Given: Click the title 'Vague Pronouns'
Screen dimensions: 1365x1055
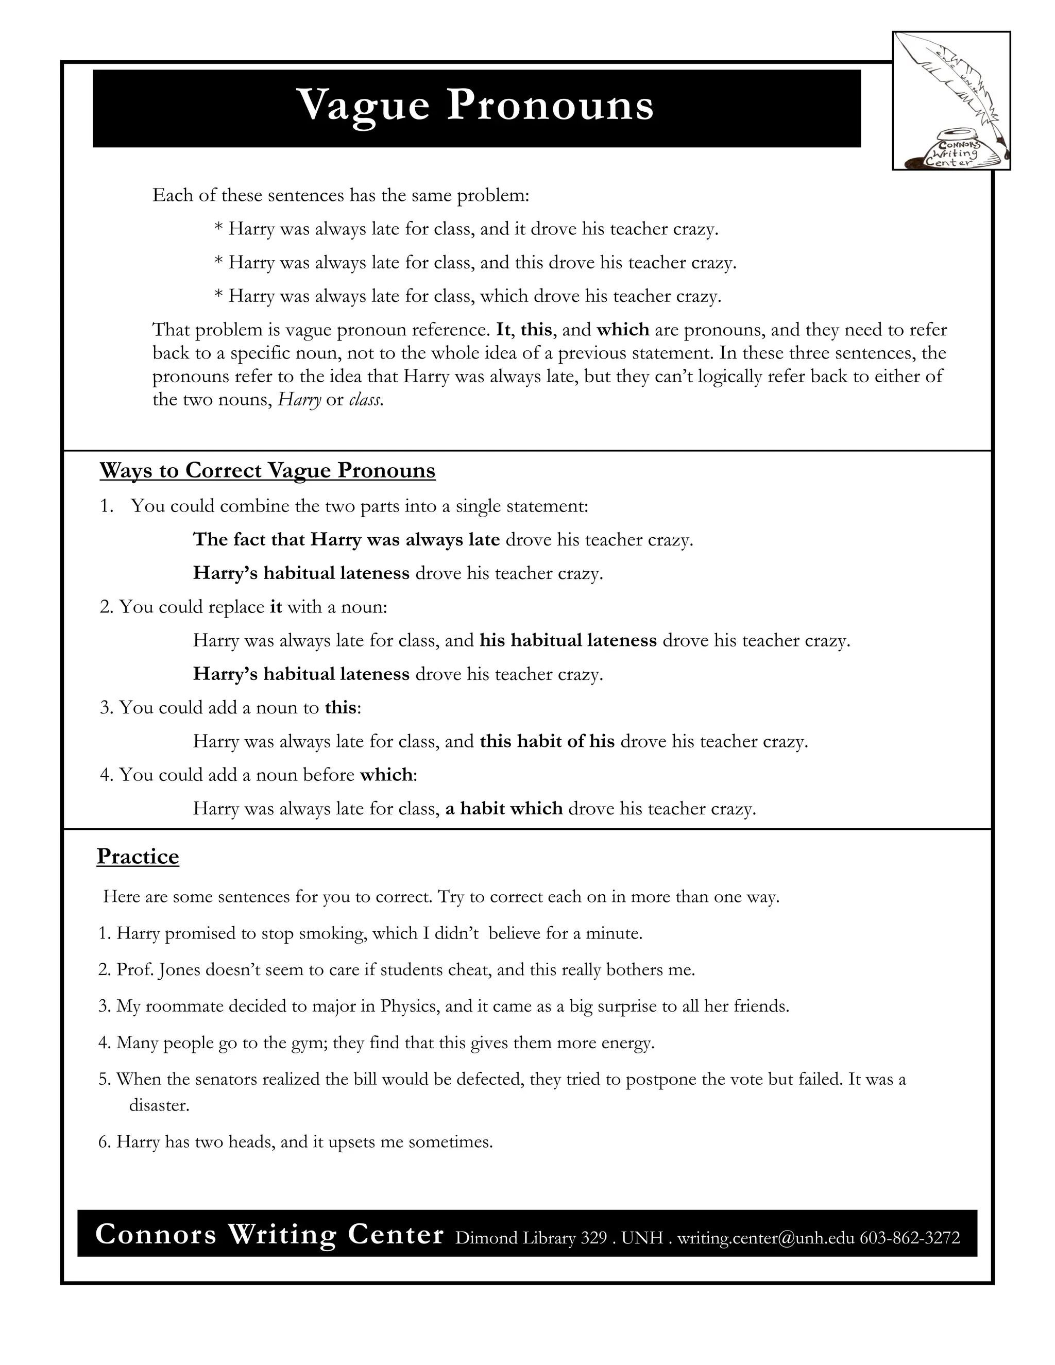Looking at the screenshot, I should pos(475,105).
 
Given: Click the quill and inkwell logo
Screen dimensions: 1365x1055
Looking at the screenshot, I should pos(950,100).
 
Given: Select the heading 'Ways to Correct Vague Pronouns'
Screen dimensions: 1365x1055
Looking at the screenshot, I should pos(267,470).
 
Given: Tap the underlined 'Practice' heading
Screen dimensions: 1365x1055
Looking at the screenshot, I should pos(138,856).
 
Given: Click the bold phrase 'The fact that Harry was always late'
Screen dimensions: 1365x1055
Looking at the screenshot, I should pos(346,539).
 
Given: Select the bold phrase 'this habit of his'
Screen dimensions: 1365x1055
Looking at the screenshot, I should pos(547,741).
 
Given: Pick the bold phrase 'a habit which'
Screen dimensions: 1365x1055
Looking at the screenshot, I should pos(504,809).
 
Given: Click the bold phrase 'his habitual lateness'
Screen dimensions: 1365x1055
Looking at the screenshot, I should pos(568,641).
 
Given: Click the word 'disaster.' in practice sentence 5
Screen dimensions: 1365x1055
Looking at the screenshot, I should pos(159,1105).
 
